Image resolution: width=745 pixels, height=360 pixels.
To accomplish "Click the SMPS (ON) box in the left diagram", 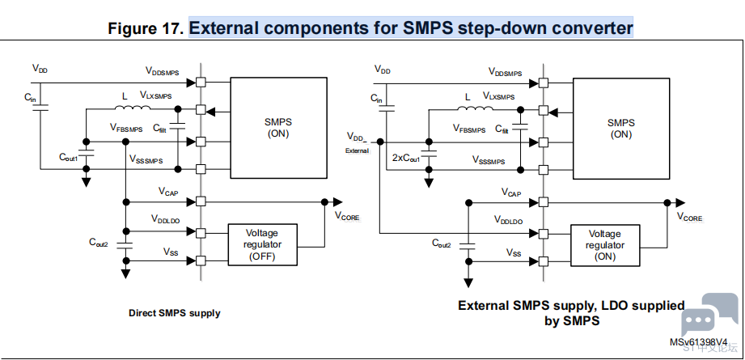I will [277, 127].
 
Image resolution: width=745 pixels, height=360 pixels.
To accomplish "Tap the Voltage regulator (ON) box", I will [604, 244].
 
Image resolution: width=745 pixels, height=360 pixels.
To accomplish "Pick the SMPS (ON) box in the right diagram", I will [620, 128].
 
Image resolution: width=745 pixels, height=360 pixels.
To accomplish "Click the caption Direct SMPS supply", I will [174, 312].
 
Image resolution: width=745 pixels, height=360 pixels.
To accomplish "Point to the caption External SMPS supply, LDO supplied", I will [571, 306].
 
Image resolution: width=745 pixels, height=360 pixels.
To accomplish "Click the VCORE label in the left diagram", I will [346, 217].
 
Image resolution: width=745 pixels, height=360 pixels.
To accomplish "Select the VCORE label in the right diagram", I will [689, 217].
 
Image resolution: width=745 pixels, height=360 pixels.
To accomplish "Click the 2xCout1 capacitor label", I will [405, 158].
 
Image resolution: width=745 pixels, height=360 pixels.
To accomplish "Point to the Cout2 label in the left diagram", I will [98, 242].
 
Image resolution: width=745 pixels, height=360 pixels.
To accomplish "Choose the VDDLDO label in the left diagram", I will [166, 219].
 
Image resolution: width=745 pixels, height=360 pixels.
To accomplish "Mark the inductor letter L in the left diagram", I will [125, 96].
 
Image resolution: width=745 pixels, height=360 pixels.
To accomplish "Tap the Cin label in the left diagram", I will [30, 97].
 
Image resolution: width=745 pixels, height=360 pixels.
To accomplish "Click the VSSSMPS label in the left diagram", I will [146, 160].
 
